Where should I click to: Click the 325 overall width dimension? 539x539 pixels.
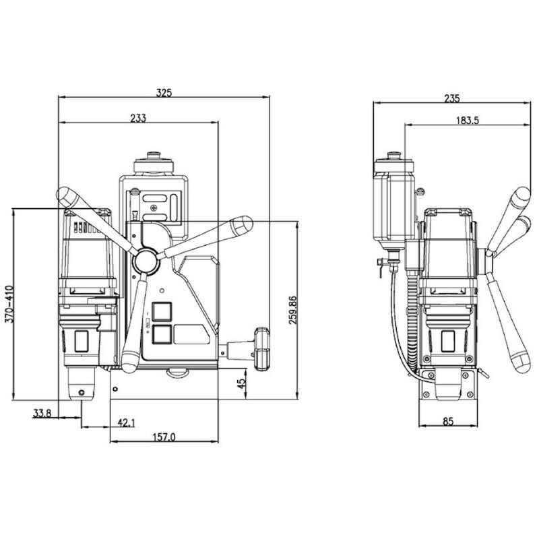click(x=163, y=92)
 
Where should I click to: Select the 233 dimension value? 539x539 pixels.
click(x=138, y=117)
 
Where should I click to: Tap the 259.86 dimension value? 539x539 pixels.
click(x=292, y=309)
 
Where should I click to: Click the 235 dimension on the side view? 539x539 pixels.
click(x=451, y=98)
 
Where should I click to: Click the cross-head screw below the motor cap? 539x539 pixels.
click(x=155, y=208)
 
